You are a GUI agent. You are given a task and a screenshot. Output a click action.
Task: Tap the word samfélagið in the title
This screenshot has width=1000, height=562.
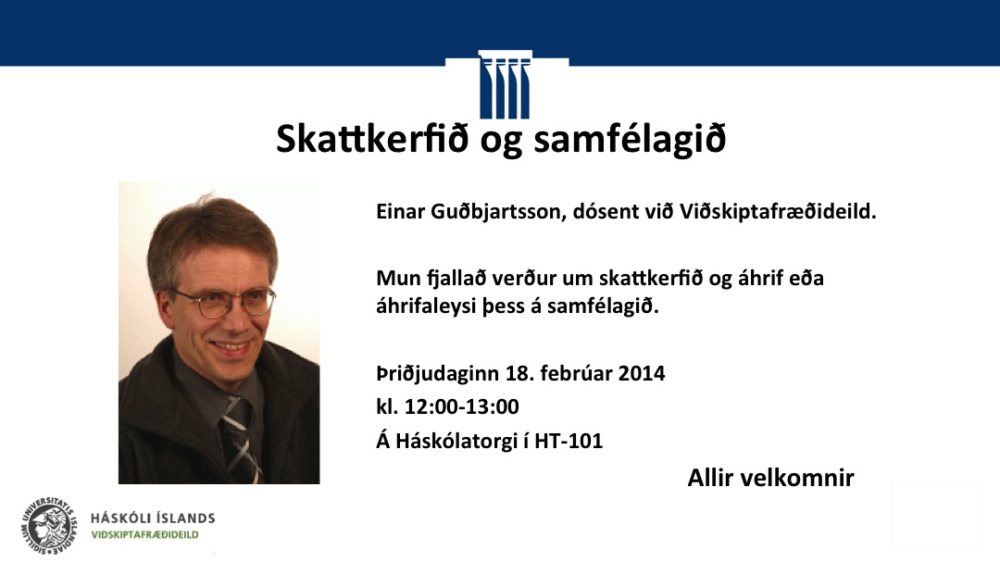click(631, 140)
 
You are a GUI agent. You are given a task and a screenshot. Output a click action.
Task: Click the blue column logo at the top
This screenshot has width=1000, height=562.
click(505, 85)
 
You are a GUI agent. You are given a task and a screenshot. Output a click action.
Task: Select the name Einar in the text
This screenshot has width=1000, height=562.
click(401, 211)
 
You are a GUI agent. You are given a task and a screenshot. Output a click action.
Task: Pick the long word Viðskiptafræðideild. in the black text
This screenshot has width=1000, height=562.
click(778, 212)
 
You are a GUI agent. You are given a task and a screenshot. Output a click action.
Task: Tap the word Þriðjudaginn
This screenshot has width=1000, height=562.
click(438, 374)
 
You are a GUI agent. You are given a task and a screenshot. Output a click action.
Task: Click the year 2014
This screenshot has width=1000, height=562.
click(641, 373)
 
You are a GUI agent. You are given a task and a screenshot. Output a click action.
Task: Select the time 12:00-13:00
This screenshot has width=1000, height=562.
click(462, 406)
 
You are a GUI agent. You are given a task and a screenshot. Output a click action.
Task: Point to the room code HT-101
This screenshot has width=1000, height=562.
click(569, 441)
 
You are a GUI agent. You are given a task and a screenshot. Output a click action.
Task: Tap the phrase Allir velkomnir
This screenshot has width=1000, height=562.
click(770, 478)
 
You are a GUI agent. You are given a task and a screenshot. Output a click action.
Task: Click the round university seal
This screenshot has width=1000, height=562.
click(50, 526)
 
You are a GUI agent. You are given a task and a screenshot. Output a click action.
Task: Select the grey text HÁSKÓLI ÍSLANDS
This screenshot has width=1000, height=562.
click(153, 518)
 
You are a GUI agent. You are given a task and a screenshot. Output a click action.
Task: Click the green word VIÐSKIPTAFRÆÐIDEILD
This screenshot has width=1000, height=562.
click(144, 535)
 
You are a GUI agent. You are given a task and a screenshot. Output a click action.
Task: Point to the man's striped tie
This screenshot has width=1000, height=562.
click(240, 438)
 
